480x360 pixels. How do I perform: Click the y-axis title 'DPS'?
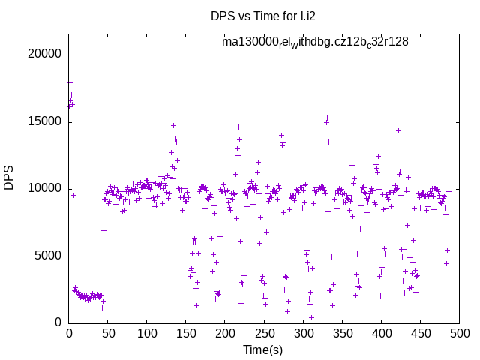point(9,178)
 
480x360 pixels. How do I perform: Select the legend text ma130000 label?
point(315,42)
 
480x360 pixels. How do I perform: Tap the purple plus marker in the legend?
point(430,43)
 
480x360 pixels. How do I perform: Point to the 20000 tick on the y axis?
point(46,55)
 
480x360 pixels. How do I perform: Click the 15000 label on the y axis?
point(46,121)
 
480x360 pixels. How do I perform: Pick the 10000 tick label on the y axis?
point(46,189)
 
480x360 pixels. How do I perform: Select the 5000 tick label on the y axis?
point(49,256)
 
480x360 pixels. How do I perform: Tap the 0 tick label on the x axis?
point(69,334)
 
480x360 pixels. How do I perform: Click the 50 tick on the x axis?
point(108,334)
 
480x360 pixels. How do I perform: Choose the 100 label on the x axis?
point(147,334)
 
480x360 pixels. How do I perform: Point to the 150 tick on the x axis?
point(186,334)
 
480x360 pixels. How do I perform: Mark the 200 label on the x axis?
point(225,334)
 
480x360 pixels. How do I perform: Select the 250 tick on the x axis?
point(264,334)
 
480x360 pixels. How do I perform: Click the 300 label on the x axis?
point(303,334)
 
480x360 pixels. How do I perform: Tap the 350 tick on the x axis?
point(342,334)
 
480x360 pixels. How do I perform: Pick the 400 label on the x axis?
point(381,334)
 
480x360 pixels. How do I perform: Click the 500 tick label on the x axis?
point(459,334)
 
